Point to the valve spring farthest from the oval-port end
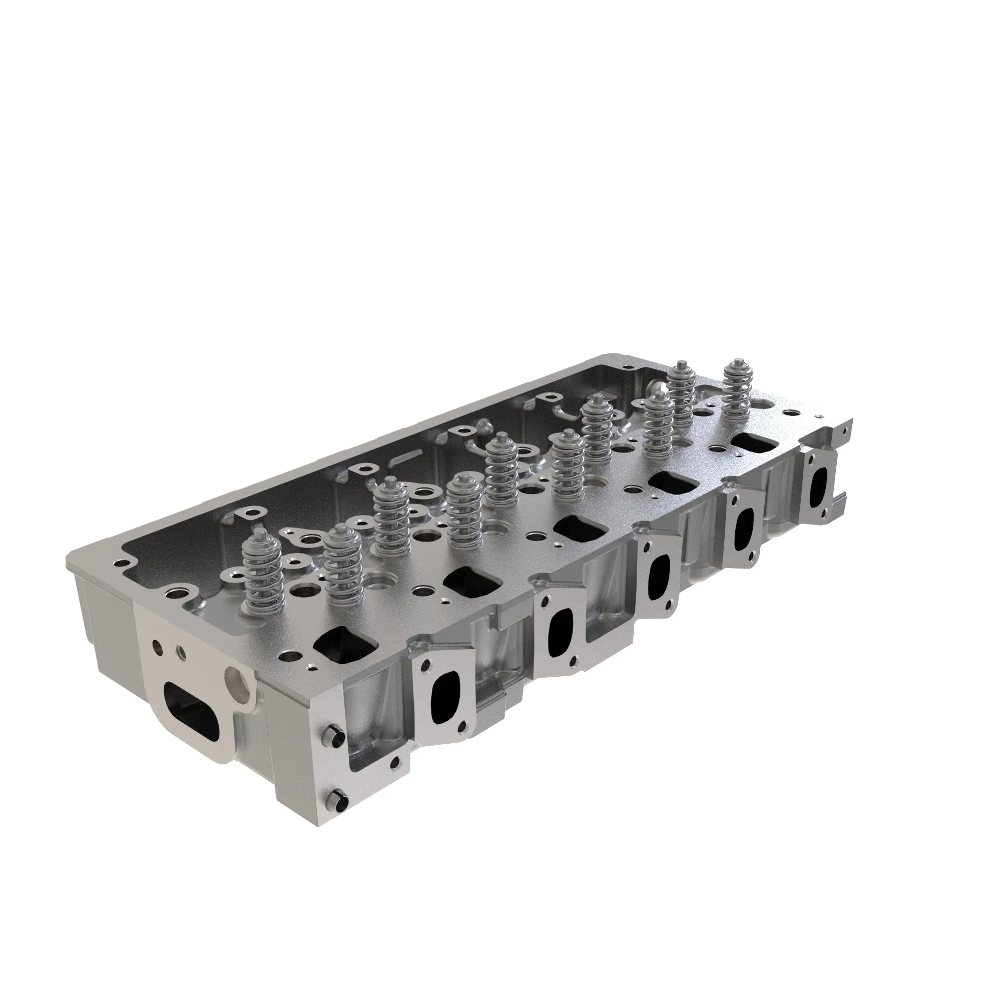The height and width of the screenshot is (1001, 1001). coord(735,389)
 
